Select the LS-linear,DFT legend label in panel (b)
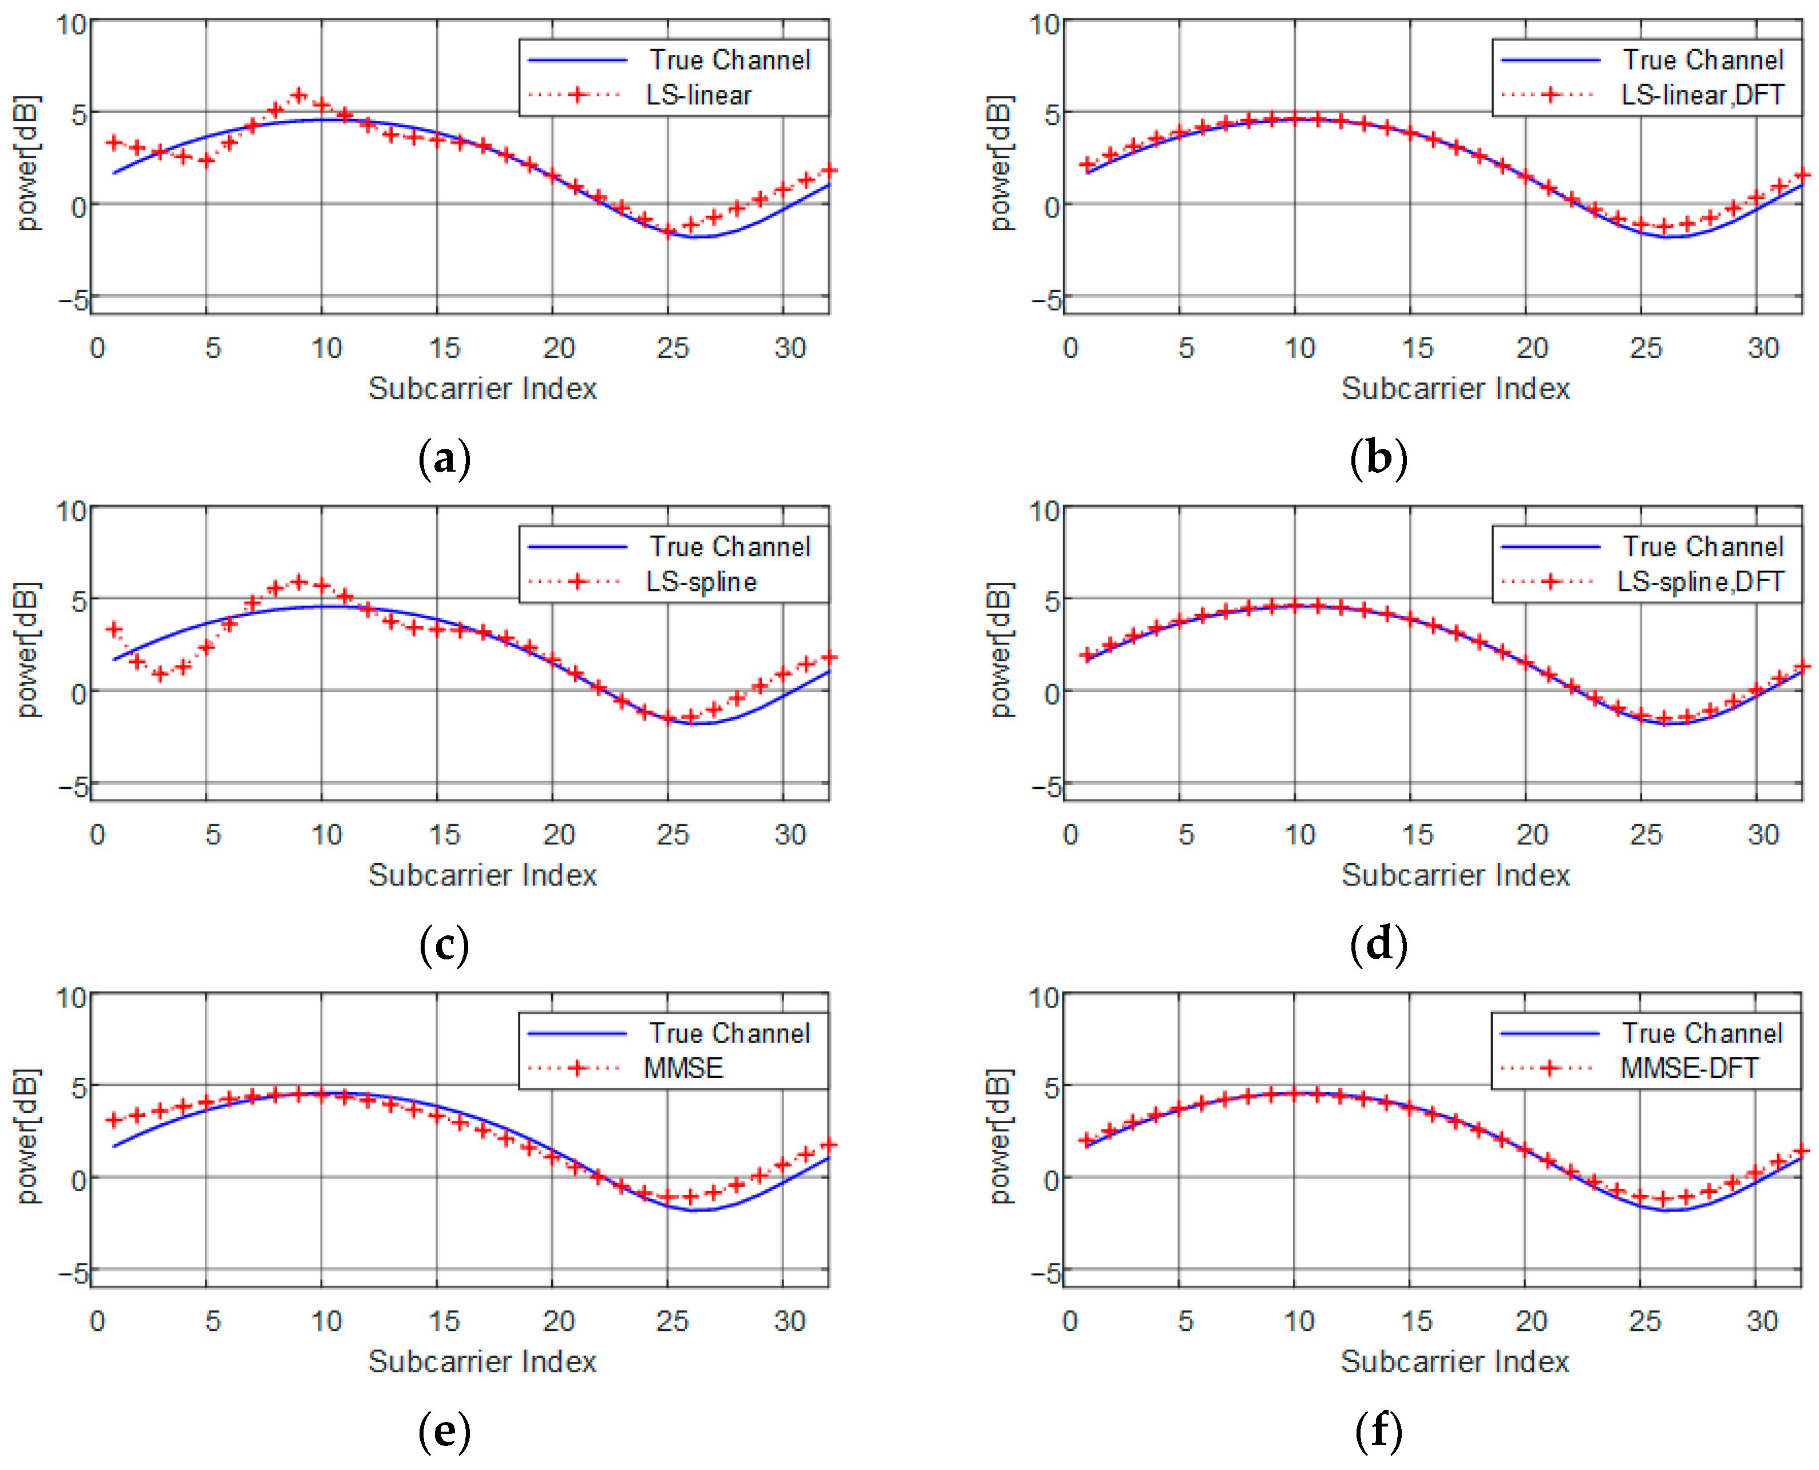click(1702, 95)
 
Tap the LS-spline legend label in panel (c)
click(701, 582)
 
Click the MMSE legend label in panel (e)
click(683, 1068)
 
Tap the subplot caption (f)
click(1378, 1431)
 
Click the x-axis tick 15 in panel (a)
click(443, 348)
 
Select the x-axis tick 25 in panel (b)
click(1646, 348)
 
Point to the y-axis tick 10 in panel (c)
click(71, 511)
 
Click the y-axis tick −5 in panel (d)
click(1046, 787)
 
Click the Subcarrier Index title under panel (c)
click(482, 875)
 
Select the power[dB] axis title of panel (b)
click(1000, 163)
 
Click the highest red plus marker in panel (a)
click(298, 95)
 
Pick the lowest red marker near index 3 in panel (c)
click(160, 674)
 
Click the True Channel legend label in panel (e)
click(729, 1033)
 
